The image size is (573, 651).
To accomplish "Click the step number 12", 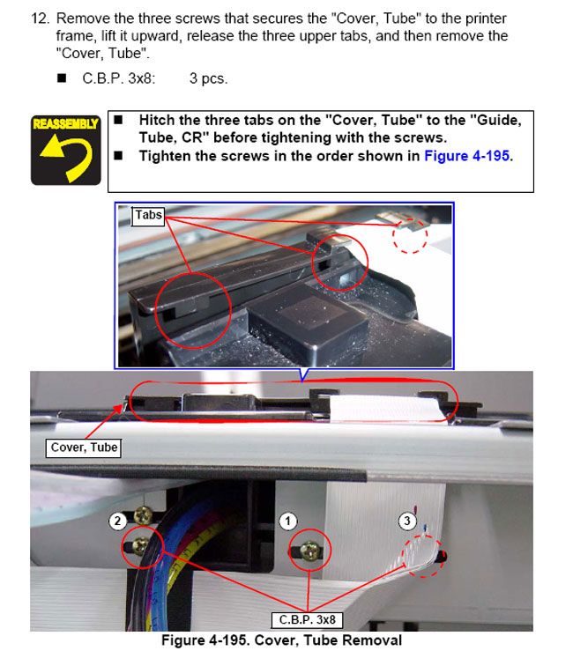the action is [x=40, y=18].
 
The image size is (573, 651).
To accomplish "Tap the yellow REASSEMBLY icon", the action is [x=65, y=151].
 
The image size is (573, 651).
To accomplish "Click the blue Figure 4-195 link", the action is [x=466, y=156].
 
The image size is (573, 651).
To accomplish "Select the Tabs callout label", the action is [x=148, y=216].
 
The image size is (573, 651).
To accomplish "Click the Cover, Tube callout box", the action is [x=84, y=448].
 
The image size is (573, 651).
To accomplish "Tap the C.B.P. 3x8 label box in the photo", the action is [x=307, y=620].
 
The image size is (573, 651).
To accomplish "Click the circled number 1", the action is [x=288, y=522].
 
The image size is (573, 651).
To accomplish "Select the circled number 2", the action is [x=117, y=521].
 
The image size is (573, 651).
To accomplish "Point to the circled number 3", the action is [x=407, y=521].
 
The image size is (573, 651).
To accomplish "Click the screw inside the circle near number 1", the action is [x=309, y=551].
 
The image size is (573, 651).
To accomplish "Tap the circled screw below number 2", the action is [x=140, y=545].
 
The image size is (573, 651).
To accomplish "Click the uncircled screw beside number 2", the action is [x=144, y=515].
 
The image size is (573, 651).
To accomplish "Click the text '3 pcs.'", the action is [x=208, y=78].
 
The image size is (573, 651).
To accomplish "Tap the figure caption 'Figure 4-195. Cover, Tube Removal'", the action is [x=282, y=640].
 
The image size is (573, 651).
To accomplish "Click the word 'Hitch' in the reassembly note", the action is [x=157, y=120].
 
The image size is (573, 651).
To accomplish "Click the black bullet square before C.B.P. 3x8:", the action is [x=62, y=78].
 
